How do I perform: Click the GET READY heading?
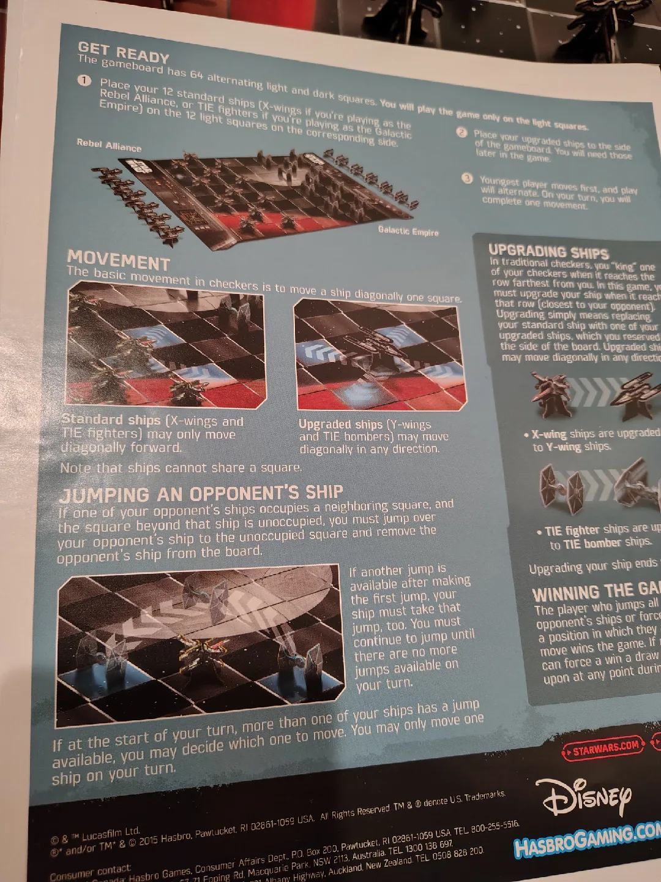pyautogui.click(x=123, y=52)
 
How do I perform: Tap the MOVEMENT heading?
pyautogui.click(x=118, y=260)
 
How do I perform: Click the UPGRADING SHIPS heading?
pyautogui.click(x=548, y=252)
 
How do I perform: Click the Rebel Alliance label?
pyautogui.click(x=109, y=146)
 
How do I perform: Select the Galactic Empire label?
pyautogui.click(x=408, y=230)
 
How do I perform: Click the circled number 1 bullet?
pyautogui.click(x=84, y=81)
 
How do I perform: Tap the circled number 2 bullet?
pyautogui.click(x=461, y=132)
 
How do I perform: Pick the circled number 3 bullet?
pyautogui.click(x=467, y=178)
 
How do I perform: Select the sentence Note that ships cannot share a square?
pyautogui.click(x=181, y=468)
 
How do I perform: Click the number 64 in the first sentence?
pyautogui.click(x=196, y=75)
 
